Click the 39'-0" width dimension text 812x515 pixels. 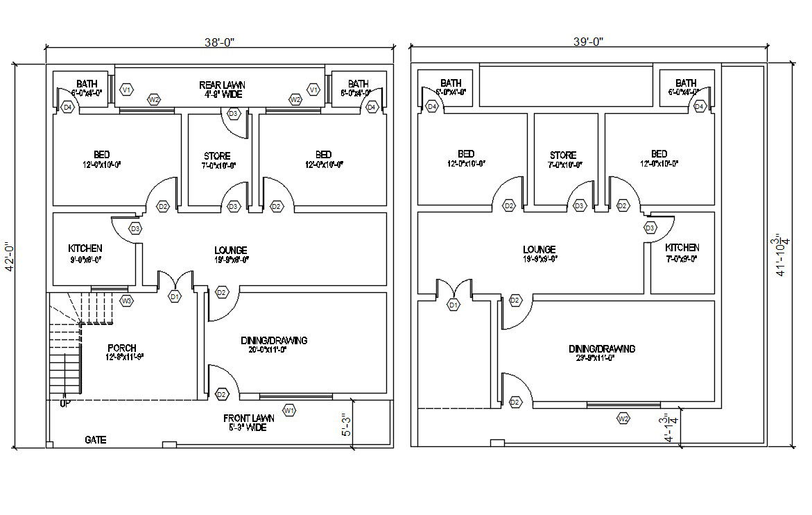tap(588, 41)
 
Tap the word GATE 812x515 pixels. tap(96, 440)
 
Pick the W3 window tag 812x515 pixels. tap(127, 301)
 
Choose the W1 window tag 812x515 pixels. tap(290, 410)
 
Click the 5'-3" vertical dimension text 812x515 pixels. tap(346, 424)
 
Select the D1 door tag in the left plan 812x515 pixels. tap(174, 296)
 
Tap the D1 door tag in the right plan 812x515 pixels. tap(453, 305)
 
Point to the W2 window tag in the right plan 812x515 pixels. tap(623, 419)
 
